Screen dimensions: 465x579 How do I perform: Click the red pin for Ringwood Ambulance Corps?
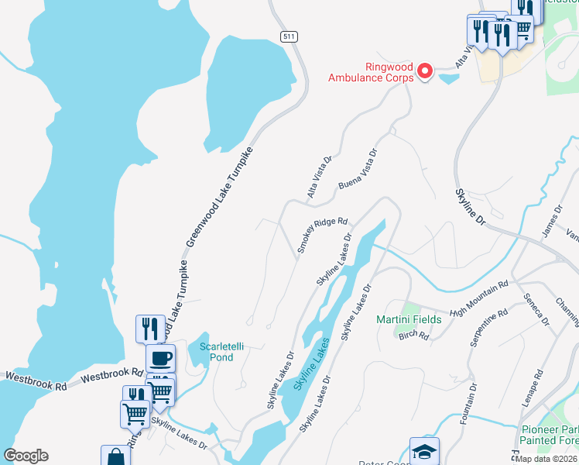(424, 71)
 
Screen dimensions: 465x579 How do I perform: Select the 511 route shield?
(288, 36)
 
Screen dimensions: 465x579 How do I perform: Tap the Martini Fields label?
(409, 319)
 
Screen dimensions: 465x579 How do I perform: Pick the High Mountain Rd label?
(478, 298)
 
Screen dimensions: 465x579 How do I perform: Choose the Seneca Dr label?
(536, 308)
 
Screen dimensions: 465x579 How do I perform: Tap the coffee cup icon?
(160, 358)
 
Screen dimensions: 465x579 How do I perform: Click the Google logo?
(26, 456)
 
